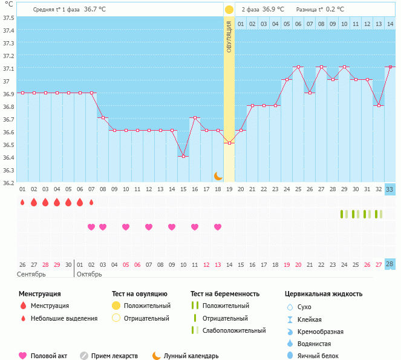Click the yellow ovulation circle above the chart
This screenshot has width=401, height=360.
[229, 10]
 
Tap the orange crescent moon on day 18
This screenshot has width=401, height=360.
[218, 176]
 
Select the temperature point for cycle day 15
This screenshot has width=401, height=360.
[183, 156]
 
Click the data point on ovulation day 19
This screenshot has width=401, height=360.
[229, 143]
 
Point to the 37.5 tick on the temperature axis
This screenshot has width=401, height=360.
[8, 18]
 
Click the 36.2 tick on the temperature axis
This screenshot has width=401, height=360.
[8, 182]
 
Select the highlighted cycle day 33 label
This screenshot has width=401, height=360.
[390, 189]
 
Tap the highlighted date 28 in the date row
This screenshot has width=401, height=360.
[390, 264]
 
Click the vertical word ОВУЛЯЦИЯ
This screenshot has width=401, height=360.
[229, 36]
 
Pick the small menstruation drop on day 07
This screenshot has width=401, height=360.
[91, 203]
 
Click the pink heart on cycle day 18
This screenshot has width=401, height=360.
[218, 227]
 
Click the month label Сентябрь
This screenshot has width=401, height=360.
[32, 274]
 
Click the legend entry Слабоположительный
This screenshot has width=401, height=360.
[235, 330]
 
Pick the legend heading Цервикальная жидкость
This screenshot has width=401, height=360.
[324, 294]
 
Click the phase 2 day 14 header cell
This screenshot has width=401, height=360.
[390, 24]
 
